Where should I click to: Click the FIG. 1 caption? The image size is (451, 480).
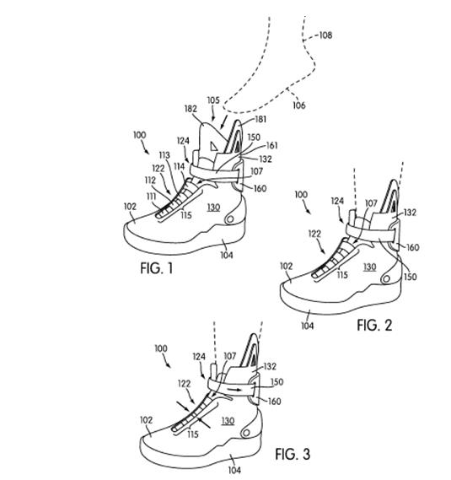157,268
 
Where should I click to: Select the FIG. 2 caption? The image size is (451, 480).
374,325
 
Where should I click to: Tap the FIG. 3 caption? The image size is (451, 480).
293,454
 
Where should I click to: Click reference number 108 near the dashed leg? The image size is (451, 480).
325,35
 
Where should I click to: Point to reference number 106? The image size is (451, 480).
299,105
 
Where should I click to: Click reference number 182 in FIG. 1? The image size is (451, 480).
191,109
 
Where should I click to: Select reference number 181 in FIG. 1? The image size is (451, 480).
260,119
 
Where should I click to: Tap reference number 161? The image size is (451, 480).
271,145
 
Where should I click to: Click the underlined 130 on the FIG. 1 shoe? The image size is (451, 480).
213,208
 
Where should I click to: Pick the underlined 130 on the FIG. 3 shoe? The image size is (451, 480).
228,421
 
